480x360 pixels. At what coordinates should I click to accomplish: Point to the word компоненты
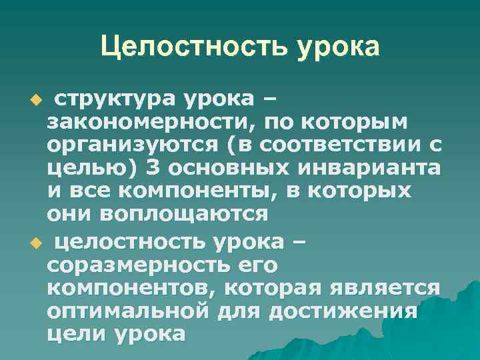coord(186,191)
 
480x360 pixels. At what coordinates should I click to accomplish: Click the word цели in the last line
coord(73,333)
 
